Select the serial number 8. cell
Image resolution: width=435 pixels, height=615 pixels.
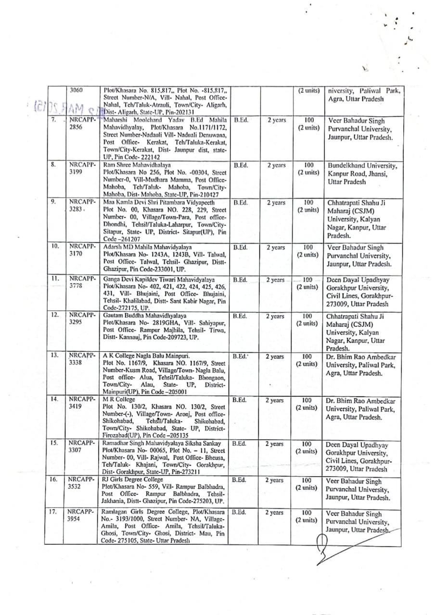pyautogui.click(x=55, y=164)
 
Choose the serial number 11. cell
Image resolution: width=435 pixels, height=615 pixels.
pyautogui.click(x=55, y=279)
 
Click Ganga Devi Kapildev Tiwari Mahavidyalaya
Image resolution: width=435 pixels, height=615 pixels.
pyautogui.click(x=158, y=279)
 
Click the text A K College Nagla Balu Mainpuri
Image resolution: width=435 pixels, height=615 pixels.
pyautogui.click(x=146, y=356)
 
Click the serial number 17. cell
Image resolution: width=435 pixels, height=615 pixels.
pyautogui.click(x=55, y=512)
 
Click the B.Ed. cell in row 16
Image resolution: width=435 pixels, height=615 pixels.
pyautogui.click(x=239, y=480)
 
